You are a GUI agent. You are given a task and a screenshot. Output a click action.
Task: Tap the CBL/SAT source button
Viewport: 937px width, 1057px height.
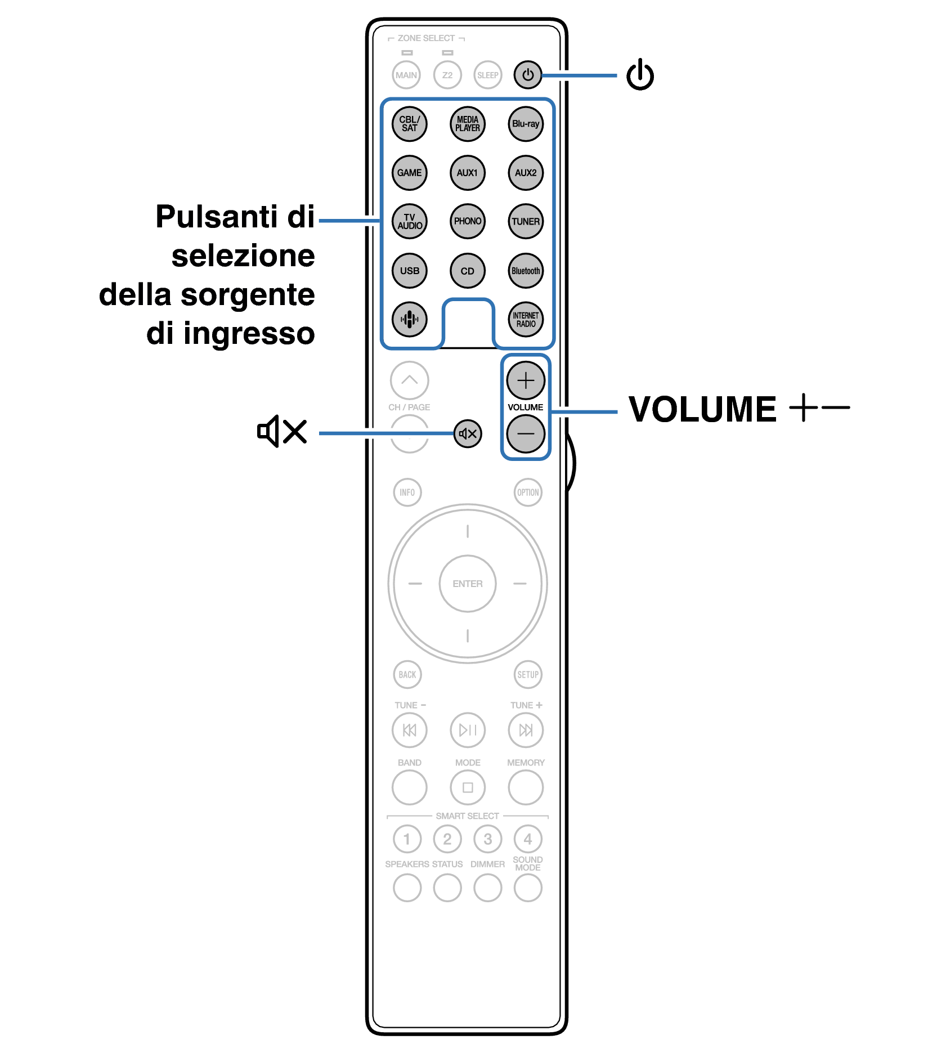tap(409, 124)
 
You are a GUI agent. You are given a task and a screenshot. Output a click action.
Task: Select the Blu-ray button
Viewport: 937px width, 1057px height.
tap(526, 124)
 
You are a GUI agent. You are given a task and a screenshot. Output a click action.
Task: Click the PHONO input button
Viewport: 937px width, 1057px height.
tap(467, 221)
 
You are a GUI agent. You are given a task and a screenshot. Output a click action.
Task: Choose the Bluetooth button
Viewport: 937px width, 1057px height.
tap(526, 271)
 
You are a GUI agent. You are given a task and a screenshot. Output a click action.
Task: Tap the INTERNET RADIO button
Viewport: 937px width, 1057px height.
tap(526, 320)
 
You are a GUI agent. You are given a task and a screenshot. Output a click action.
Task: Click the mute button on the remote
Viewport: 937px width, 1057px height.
tap(468, 434)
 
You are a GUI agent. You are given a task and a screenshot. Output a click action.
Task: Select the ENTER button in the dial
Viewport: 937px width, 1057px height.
tap(467, 584)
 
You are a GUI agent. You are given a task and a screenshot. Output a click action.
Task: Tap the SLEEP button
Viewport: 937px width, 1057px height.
tap(487, 75)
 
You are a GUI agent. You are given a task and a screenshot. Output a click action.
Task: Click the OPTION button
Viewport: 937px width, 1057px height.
tap(528, 492)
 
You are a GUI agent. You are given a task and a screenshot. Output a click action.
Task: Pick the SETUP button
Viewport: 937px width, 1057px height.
tap(528, 674)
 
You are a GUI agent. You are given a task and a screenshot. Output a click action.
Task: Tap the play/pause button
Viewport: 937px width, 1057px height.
tap(467, 730)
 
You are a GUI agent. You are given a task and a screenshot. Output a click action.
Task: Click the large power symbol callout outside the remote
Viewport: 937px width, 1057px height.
tap(640, 75)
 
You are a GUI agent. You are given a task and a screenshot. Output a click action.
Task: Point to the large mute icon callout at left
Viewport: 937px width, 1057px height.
tap(282, 432)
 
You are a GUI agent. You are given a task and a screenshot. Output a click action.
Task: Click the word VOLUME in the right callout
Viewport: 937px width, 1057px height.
tap(702, 409)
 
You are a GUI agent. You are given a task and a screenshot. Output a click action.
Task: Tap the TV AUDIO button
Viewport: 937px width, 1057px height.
tap(409, 221)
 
